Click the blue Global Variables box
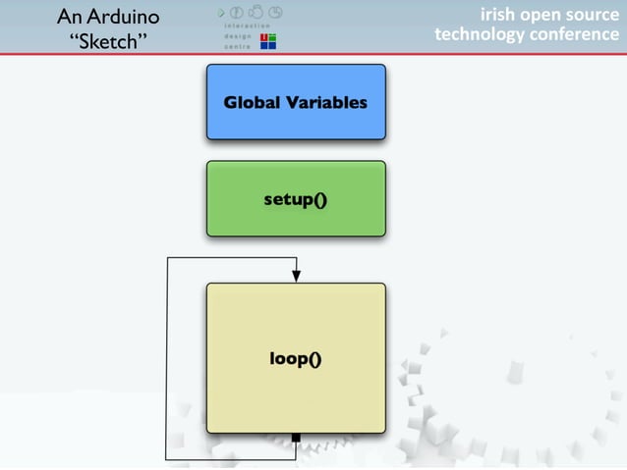point(296,102)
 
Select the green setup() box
point(296,199)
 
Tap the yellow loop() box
point(296,358)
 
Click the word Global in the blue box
point(253,102)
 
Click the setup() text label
point(296,200)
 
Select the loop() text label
point(296,359)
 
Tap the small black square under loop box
point(296,438)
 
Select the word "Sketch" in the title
point(108,43)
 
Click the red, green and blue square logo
point(266,40)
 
